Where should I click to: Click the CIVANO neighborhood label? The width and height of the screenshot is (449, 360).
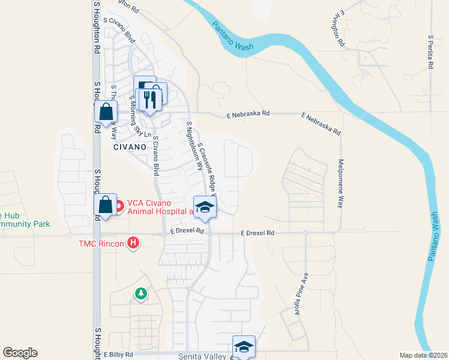(x=129, y=146)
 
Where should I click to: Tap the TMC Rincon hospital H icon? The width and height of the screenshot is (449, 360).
(x=134, y=243)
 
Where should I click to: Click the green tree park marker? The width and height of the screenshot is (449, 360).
(x=140, y=293)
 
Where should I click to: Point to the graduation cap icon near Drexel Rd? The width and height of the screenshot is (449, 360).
(x=205, y=207)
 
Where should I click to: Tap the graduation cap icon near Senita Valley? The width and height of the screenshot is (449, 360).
(x=244, y=346)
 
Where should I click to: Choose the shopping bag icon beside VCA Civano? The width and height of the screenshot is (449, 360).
(x=106, y=205)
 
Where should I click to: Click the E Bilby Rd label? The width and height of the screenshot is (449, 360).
(x=117, y=355)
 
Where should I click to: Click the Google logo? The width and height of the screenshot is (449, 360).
(x=20, y=353)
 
